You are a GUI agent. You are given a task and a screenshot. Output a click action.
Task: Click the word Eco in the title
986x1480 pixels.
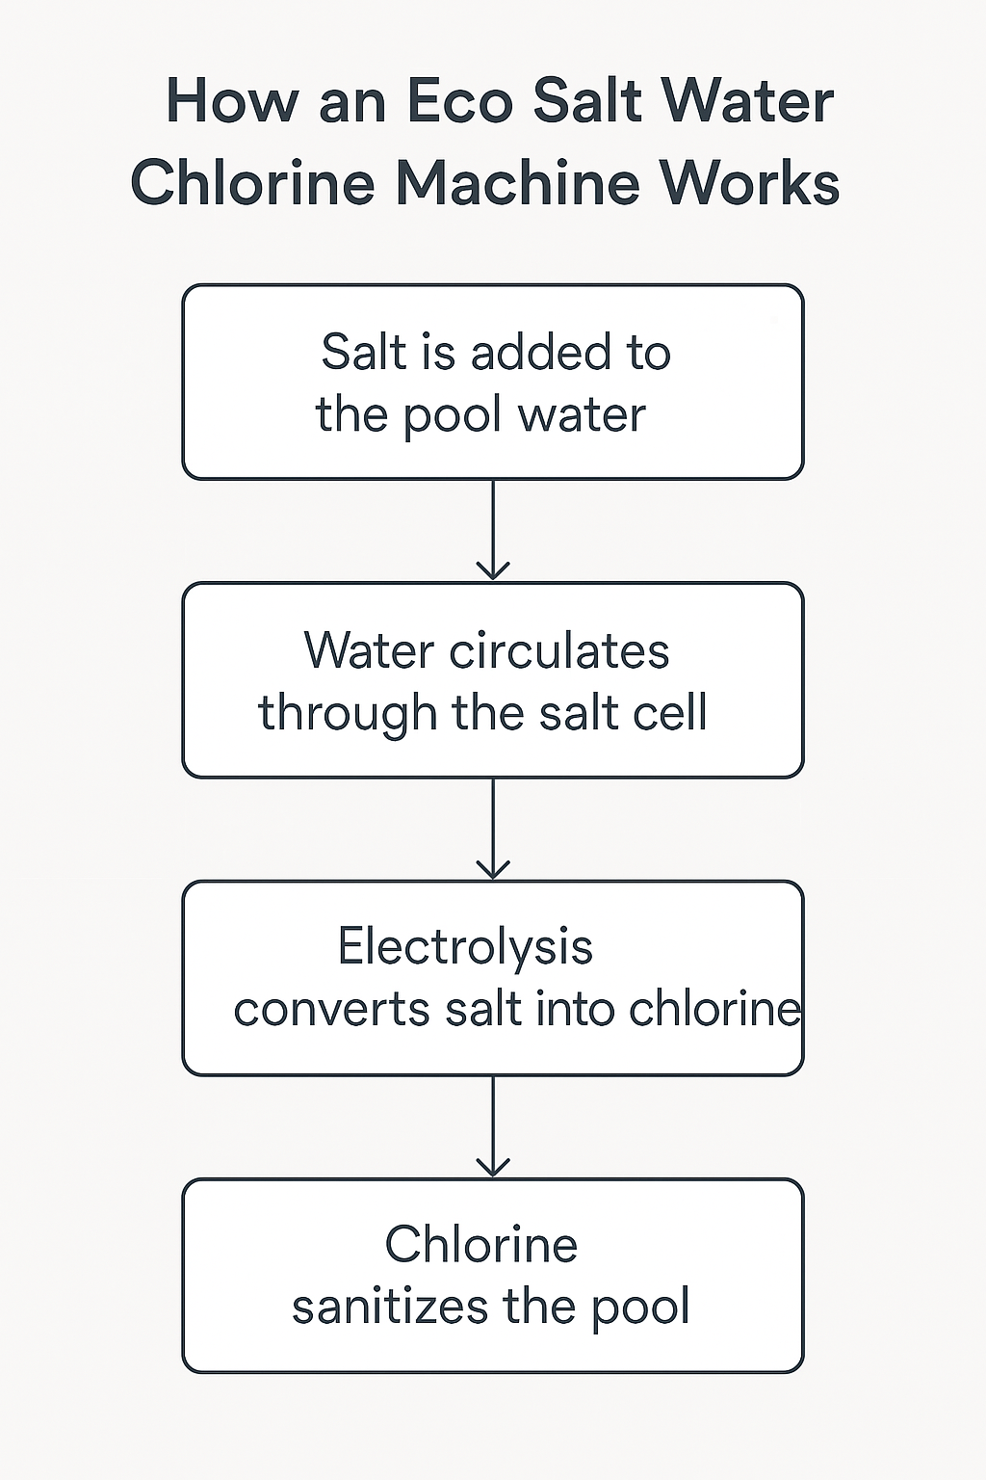tap(460, 102)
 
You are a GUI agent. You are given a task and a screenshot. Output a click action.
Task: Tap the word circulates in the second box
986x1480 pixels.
tap(559, 650)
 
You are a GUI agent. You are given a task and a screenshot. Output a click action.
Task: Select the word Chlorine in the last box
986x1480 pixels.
tap(481, 1244)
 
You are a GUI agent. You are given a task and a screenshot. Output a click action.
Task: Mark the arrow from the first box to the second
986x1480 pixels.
tap(493, 530)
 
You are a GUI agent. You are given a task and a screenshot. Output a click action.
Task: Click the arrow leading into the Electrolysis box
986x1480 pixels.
tap(493, 829)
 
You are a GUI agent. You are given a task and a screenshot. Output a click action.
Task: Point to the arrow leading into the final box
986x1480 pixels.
tap(493, 1126)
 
